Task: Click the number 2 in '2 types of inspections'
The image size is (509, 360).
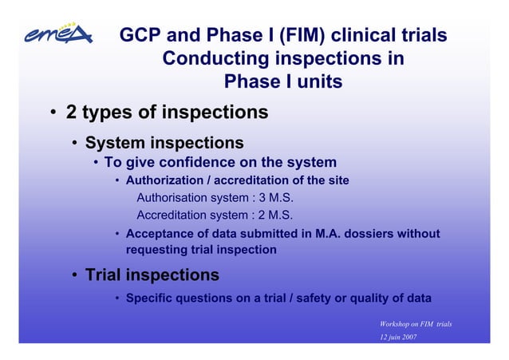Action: pos(71,113)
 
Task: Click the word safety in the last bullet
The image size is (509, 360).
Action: pos(314,299)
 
